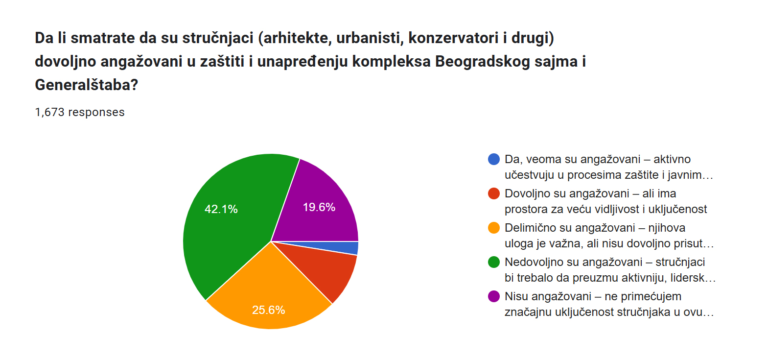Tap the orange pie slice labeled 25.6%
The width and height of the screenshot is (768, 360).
pos(269,295)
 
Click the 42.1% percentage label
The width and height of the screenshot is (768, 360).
pos(221,209)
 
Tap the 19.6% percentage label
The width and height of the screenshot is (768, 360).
pos(319,207)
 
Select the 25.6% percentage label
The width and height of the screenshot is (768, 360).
pos(268,310)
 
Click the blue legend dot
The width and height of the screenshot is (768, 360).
pos(494,159)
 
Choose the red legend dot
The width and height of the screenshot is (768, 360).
pos(494,193)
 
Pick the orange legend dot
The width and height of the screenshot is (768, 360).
pos(494,228)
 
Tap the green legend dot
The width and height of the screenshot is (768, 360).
pos(494,262)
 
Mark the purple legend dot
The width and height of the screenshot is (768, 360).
pos(494,296)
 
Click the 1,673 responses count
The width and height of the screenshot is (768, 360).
pos(80,112)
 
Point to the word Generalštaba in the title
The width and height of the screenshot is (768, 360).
pos(86,84)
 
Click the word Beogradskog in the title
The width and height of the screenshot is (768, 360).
pos(483,62)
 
